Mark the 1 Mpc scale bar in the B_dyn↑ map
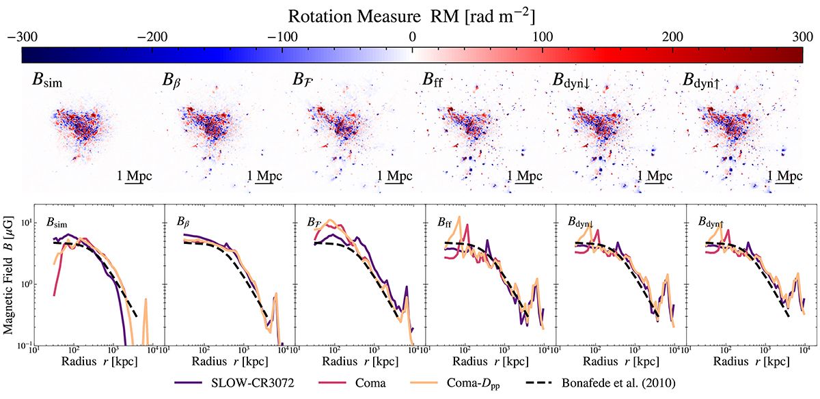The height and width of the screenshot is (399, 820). click(x=784, y=177)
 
